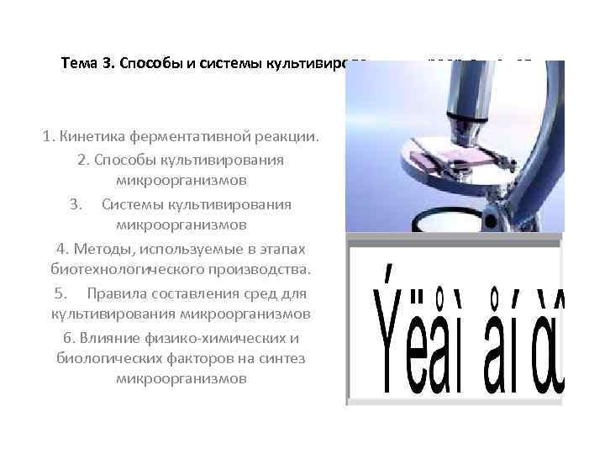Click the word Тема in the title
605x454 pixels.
coord(81,64)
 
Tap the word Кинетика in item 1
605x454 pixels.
coord(93,137)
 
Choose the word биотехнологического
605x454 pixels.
coord(128,271)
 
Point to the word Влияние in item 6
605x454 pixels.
coord(107,338)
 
